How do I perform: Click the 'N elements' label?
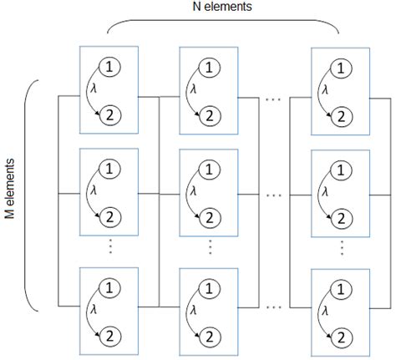[223, 8]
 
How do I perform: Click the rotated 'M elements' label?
[10, 195]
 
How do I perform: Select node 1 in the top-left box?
[109, 65]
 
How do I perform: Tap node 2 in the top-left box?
[109, 118]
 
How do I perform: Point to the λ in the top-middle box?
[194, 89]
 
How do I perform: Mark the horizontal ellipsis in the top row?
[272, 99]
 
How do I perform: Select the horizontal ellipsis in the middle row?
[272, 195]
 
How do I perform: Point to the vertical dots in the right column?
[343, 248]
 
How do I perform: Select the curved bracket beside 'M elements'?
[31, 195]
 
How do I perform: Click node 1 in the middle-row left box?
[109, 170]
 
